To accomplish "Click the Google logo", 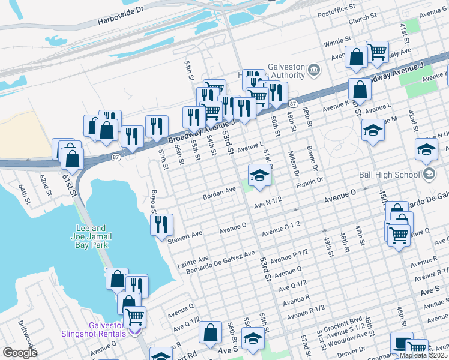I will tap(20, 353).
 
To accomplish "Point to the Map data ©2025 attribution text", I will tap(424, 355).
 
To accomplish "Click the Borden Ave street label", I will tap(220, 191).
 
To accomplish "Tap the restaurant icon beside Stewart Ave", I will tap(161, 225).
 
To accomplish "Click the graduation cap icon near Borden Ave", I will tap(259, 175).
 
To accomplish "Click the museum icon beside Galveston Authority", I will tap(313, 71).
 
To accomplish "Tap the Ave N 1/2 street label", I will tap(268, 205).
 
